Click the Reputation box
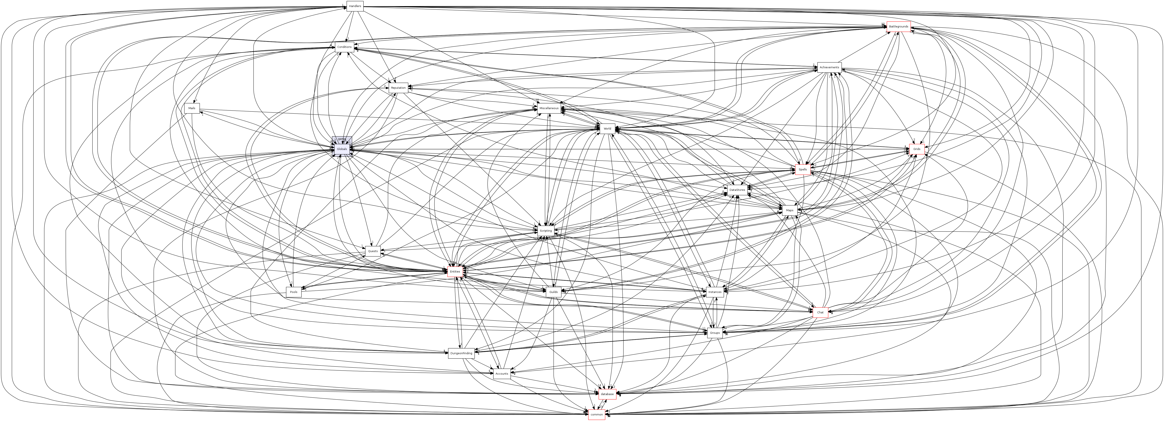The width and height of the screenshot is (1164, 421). [398, 88]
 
